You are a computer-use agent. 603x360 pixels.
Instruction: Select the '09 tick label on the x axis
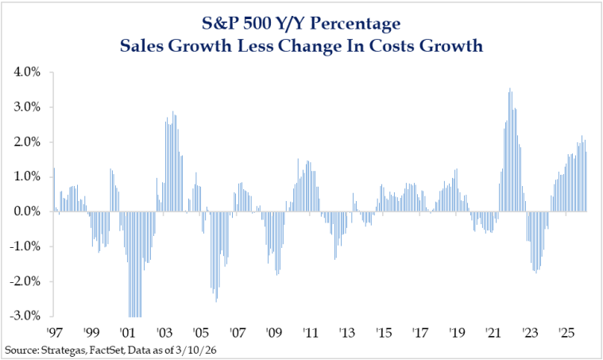pos(274,331)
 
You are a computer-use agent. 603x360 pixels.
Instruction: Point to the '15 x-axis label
pos(385,331)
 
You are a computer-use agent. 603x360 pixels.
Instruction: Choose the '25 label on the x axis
pos(567,331)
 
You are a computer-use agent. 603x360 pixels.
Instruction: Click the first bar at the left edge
pos(54,189)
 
